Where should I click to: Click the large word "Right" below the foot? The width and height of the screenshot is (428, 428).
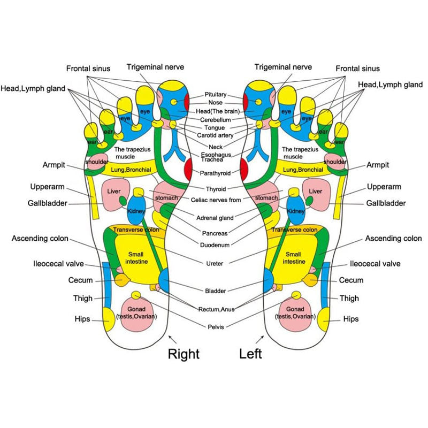[x=184, y=354]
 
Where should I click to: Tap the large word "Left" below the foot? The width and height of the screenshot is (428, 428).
[x=250, y=354]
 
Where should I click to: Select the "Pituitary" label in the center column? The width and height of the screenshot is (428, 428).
[x=216, y=94]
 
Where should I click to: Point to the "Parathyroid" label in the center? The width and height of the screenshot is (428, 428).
[x=215, y=173]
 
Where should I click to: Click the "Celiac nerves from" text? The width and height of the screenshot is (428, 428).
[x=215, y=200]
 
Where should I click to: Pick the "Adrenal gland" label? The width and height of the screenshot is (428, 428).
[x=216, y=218]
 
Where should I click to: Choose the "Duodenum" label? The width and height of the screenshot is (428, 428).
[x=216, y=245]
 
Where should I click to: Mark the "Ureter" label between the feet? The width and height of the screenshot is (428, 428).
[x=215, y=263]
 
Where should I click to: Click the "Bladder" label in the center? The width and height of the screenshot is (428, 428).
[x=216, y=291]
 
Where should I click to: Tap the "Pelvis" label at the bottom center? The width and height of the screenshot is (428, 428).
[x=216, y=326]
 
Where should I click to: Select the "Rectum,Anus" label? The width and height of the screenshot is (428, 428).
[x=216, y=309]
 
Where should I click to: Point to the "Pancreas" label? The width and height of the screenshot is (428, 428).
[x=216, y=233]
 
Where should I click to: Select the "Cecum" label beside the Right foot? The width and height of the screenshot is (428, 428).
[x=80, y=280]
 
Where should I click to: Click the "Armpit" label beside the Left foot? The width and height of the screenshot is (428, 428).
[x=378, y=165]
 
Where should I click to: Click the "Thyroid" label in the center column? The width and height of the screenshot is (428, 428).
[x=216, y=189]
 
